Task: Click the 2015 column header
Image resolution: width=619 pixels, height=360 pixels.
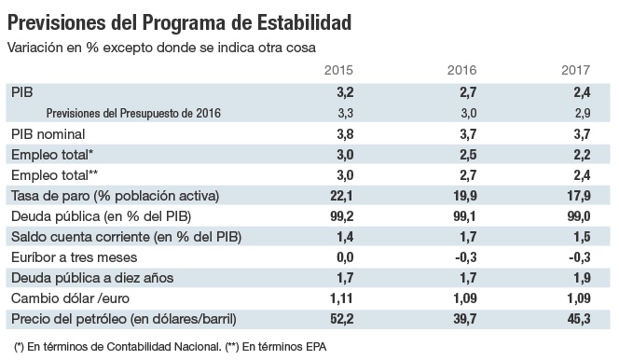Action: coord(337,71)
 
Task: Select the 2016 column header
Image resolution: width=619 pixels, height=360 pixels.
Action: coord(463,71)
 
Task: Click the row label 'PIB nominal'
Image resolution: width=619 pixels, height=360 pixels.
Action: coord(48,133)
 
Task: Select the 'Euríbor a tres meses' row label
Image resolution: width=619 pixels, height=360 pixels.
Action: coord(74,256)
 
